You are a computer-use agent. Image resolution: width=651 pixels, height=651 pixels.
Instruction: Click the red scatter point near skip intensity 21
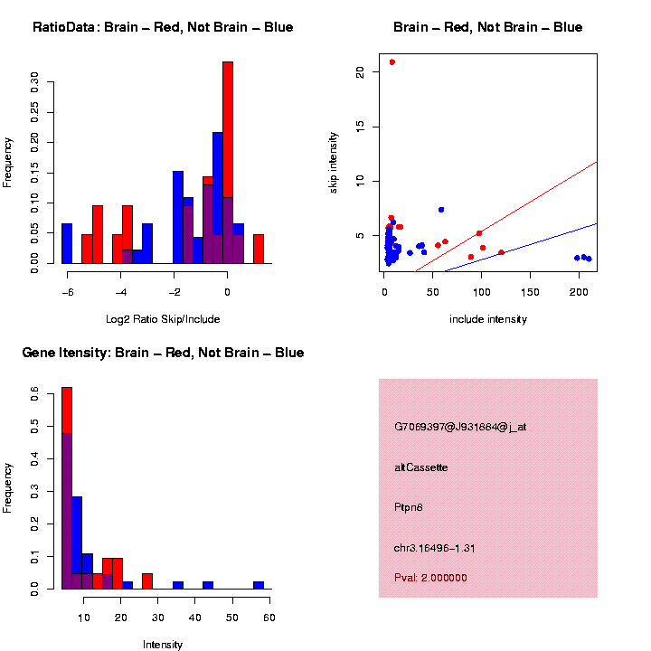(392, 62)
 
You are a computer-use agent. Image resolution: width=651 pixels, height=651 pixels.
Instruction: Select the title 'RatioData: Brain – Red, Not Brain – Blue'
(163, 28)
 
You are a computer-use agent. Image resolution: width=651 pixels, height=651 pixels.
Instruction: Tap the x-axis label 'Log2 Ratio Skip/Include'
(162, 319)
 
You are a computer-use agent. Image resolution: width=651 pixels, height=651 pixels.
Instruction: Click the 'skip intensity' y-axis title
(334, 161)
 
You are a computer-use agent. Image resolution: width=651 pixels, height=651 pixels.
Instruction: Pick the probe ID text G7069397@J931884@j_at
(460, 427)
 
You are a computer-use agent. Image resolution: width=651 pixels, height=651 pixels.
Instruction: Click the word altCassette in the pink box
(421, 467)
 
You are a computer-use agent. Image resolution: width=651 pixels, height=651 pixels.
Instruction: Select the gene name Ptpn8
(409, 507)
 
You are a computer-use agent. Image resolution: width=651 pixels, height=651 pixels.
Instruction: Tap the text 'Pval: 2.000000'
(430, 578)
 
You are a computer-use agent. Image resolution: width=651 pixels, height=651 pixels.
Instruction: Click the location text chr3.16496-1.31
(435, 548)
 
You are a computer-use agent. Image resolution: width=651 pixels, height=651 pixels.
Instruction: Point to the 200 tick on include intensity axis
(580, 292)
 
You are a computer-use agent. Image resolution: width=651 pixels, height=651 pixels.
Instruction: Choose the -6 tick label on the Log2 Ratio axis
(67, 292)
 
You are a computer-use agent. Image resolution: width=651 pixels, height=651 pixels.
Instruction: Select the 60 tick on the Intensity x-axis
(269, 618)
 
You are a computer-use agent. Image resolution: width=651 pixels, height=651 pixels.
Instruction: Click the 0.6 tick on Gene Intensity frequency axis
(35, 394)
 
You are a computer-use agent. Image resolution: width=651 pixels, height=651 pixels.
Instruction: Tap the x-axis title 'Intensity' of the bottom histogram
(163, 645)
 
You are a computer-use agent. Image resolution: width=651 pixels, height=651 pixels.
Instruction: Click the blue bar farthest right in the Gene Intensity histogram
(259, 585)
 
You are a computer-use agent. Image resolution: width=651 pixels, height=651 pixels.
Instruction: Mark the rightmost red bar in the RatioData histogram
(259, 249)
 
